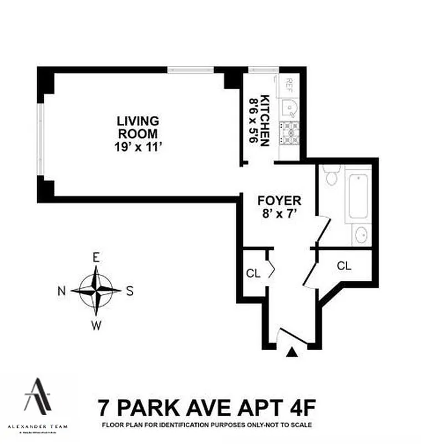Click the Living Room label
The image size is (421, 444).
click(137, 127)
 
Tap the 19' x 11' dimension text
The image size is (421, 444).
click(137, 147)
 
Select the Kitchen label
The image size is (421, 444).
click(266, 121)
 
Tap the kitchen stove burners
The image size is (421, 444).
click(290, 133)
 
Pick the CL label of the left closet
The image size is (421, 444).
click(253, 273)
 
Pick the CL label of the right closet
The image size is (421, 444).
click(344, 266)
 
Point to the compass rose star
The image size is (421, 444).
click(97, 290)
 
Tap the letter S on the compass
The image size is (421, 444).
click(130, 291)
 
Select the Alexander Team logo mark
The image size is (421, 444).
click(38, 396)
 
